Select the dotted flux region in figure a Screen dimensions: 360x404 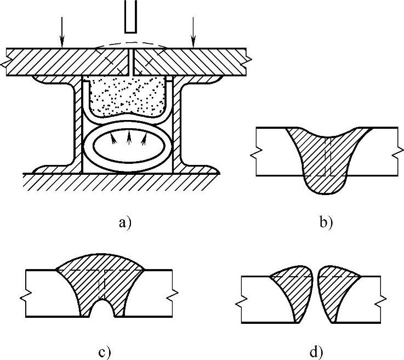pos(129,96)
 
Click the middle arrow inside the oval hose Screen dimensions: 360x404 pos(129,137)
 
